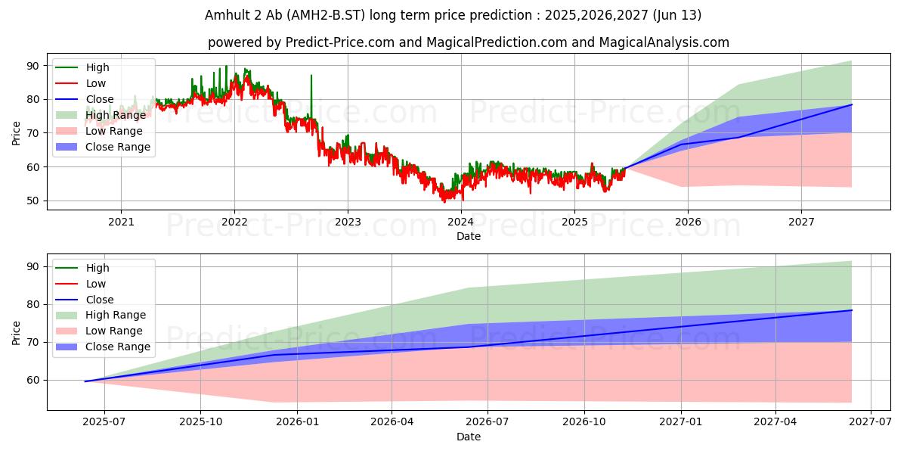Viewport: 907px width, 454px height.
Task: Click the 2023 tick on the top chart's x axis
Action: click(x=348, y=222)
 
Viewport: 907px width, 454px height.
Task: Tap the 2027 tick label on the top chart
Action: click(x=801, y=222)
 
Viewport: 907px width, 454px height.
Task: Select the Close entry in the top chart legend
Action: click(x=100, y=99)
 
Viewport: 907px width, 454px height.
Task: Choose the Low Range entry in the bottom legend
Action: click(x=114, y=331)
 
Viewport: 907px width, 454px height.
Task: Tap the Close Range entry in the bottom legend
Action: click(x=118, y=347)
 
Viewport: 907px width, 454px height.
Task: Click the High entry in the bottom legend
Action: click(x=98, y=268)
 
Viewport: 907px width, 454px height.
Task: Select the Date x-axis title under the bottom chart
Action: click(x=469, y=437)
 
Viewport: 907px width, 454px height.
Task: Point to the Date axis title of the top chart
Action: click(x=469, y=236)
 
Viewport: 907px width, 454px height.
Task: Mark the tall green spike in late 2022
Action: click(x=311, y=78)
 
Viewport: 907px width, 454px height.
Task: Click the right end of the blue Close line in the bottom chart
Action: click(x=852, y=310)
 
